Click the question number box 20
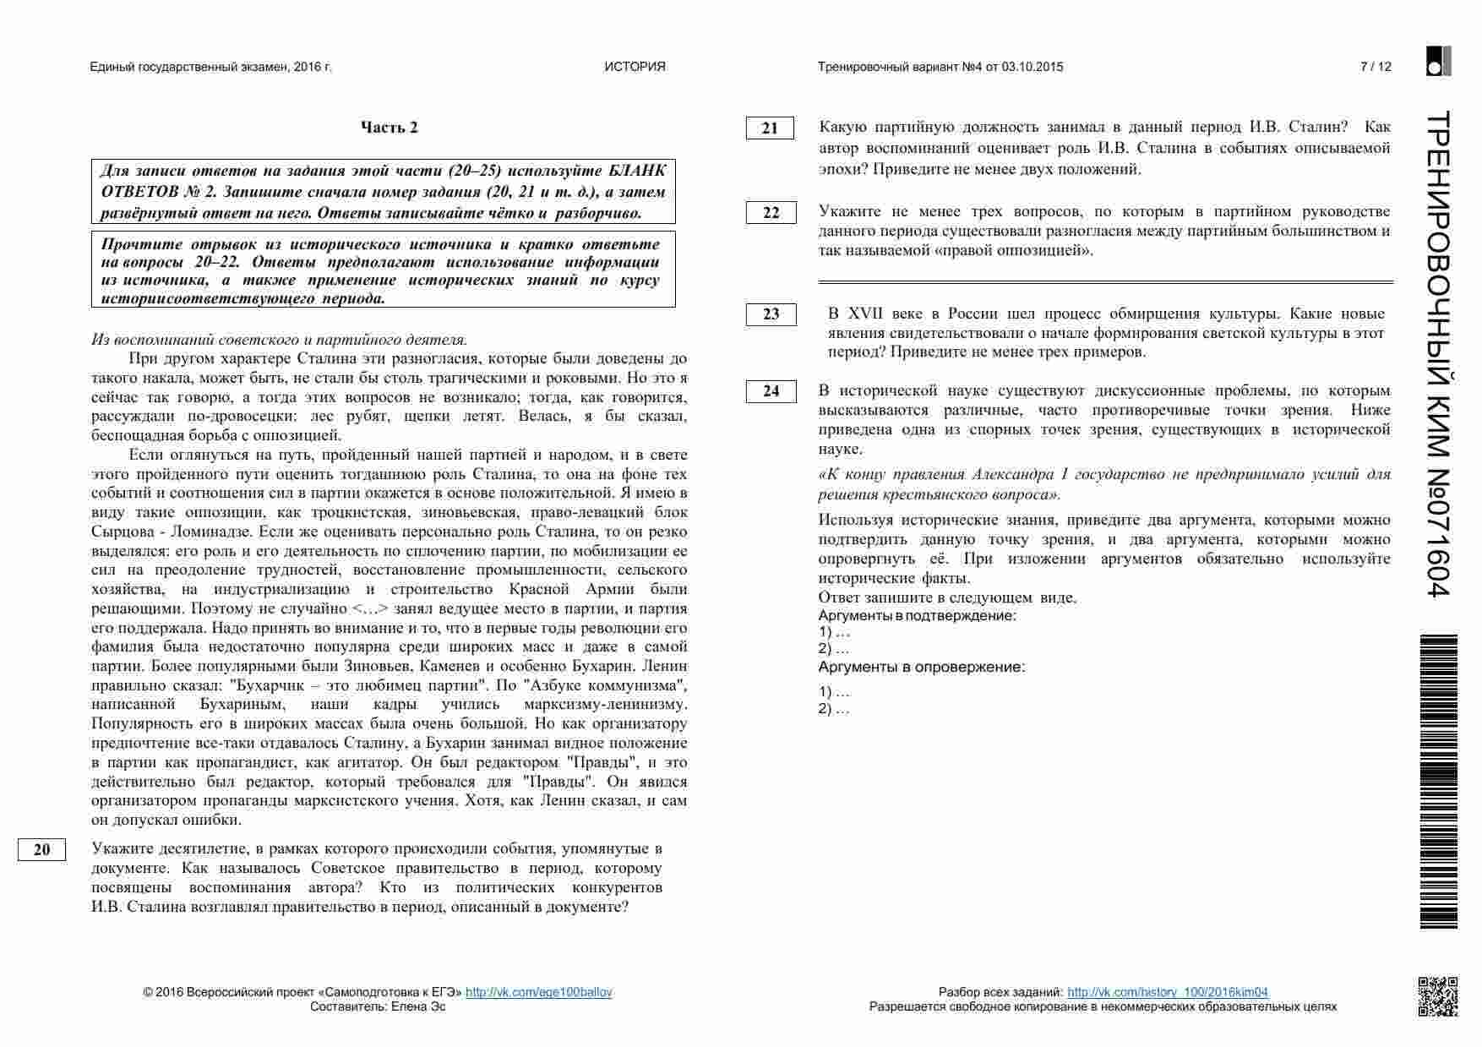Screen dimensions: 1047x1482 click(x=41, y=850)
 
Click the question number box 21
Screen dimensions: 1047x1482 click(x=770, y=128)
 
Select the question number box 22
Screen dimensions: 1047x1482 click(x=771, y=213)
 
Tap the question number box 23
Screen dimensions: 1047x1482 click(x=771, y=314)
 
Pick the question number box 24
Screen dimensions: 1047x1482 click(x=771, y=391)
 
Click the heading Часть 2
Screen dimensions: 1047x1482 click(x=390, y=128)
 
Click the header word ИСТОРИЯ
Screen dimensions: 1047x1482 click(x=635, y=67)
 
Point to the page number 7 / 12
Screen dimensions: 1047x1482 click(x=1376, y=67)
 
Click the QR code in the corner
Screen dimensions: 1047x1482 click(x=1437, y=995)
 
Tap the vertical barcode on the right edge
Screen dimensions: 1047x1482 click(x=1439, y=782)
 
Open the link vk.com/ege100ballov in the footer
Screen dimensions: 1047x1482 click(x=538, y=992)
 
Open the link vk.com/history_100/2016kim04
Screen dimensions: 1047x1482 click(x=1167, y=992)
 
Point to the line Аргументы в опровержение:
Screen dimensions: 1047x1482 click(x=921, y=668)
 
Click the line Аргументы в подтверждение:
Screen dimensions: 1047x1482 click(x=917, y=616)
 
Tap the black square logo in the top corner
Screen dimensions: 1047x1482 click(x=1438, y=61)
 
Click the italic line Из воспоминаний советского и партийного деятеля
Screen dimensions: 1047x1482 click(x=279, y=340)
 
